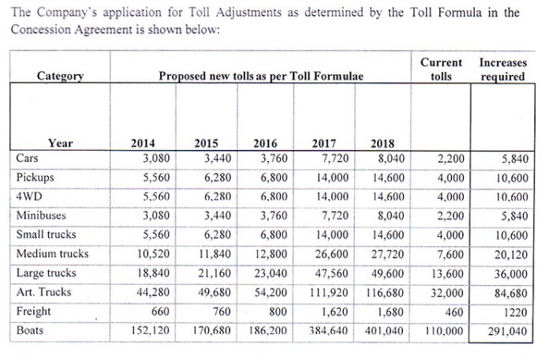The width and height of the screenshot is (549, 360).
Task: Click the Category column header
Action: tap(60, 76)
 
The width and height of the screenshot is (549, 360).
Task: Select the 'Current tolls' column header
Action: tap(441, 69)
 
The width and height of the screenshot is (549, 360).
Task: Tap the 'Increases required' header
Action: tap(502, 69)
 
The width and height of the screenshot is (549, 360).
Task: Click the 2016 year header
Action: tap(265, 143)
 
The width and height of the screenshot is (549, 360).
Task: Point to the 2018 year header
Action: tap(383, 143)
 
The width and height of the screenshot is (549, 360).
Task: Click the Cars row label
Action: tap(27, 158)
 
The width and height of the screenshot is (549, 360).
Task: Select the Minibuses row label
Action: tap(41, 215)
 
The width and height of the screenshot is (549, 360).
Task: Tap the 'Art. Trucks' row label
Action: tap(43, 291)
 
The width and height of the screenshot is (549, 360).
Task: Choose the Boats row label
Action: tap(30, 330)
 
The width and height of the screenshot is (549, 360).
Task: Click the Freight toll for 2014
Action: tap(160, 311)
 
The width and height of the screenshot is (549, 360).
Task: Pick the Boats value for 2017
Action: tap(328, 331)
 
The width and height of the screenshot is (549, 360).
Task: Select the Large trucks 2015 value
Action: tap(215, 273)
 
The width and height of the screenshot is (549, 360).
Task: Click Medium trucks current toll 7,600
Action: tap(450, 254)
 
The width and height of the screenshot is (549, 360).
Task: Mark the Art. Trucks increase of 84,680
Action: tap(511, 293)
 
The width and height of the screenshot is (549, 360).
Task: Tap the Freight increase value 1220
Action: tap(515, 312)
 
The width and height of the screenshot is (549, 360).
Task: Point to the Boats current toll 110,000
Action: tap(444, 331)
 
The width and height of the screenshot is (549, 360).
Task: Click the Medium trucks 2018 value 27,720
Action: tap(387, 254)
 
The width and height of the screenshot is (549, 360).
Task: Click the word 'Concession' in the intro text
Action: tap(40, 29)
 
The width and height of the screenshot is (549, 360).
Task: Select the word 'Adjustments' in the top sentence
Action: tap(248, 13)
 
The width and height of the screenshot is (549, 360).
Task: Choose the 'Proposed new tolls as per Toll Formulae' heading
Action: tap(261, 76)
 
